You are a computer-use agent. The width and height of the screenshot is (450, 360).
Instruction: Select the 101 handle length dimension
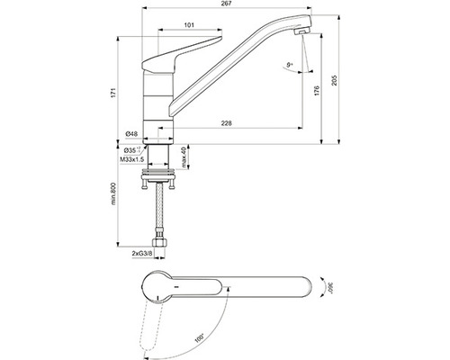click(190, 26)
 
